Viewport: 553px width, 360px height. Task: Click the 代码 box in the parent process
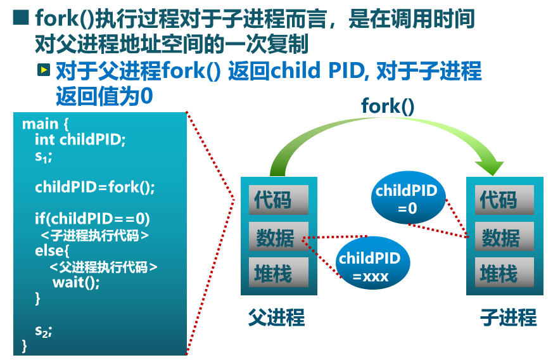coord(278,200)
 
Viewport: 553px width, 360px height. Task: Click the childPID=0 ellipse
coord(407,198)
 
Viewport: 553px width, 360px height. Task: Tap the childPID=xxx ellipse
coord(371,267)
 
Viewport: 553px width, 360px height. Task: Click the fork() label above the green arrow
coord(388,106)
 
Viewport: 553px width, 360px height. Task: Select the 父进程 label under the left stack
coord(276,316)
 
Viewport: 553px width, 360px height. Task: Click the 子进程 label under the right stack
coord(509,316)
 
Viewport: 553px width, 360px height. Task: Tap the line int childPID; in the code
coord(80,139)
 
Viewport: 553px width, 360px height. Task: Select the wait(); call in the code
coord(76,282)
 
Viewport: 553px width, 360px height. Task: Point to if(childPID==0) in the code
coord(92,219)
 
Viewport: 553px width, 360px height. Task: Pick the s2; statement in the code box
coord(43,330)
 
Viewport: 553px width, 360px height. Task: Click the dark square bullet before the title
coord(21,18)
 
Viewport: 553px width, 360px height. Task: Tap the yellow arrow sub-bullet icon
coord(43,70)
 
